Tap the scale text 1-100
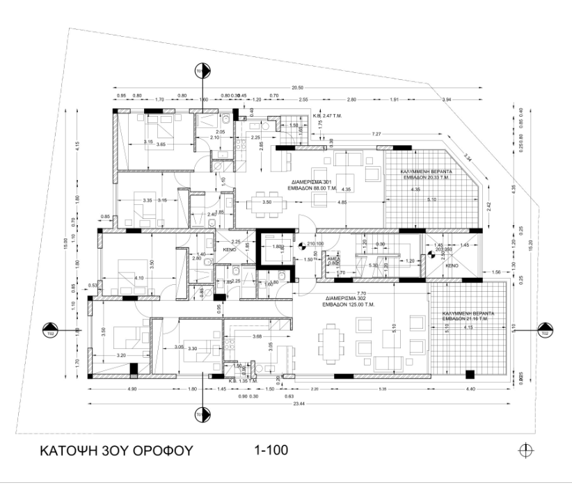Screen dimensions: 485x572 pyautogui.click(x=272, y=450)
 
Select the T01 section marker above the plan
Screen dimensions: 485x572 pyautogui.click(x=201, y=72)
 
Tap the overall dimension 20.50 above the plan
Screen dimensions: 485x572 pyautogui.click(x=298, y=88)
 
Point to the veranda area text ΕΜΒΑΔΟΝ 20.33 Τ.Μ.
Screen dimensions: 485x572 pyautogui.click(x=426, y=177)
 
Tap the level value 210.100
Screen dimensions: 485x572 pyautogui.click(x=315, y=244)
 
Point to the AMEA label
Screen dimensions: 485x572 pyautogui.click(x=333, y=257)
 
